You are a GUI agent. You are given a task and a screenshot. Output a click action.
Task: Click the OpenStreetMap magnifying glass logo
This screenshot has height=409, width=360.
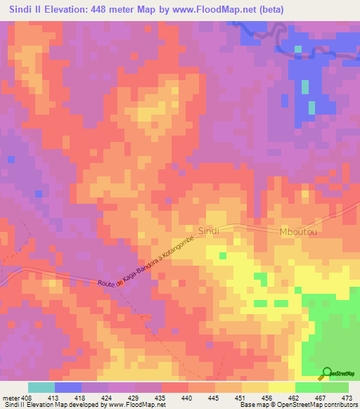(328, 372)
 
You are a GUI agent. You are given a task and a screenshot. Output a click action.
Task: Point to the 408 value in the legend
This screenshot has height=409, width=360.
(25, 397)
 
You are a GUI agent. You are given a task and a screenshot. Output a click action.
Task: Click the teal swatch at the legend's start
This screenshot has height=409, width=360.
(41, 387)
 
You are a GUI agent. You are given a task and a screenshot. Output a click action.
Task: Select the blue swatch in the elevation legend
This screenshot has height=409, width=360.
(68, 387)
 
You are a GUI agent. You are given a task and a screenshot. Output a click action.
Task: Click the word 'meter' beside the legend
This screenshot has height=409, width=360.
(9, 397)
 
